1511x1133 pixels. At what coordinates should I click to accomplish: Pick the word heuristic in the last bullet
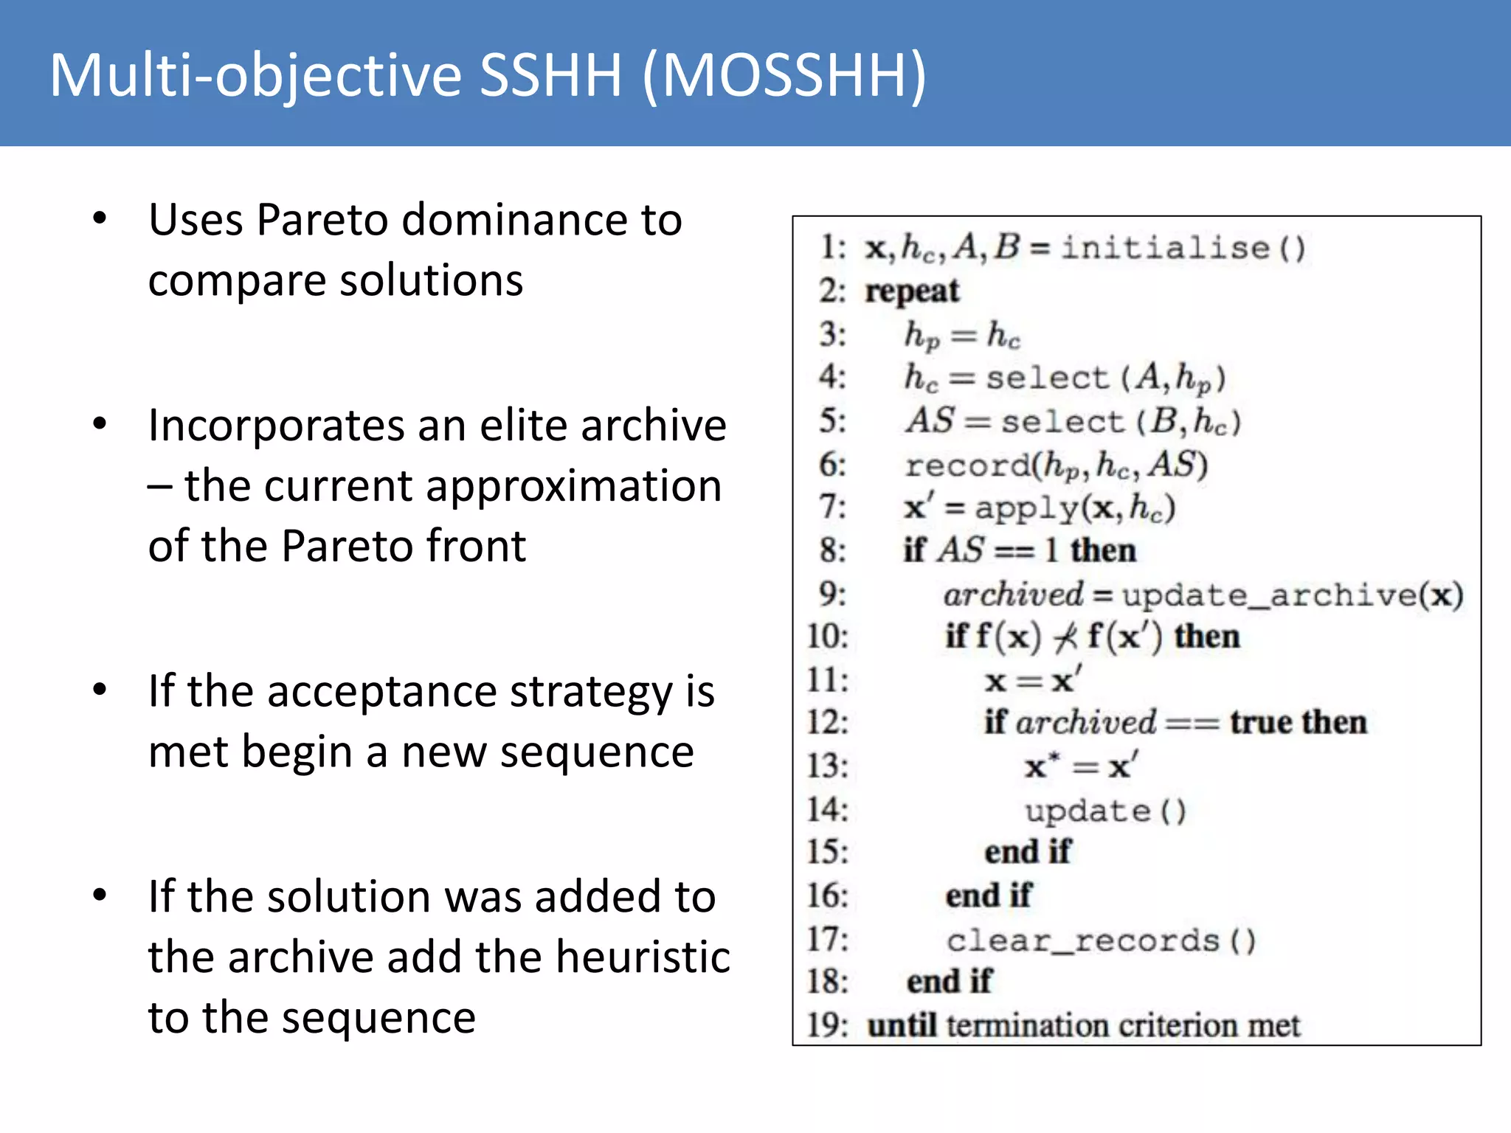point(643,957)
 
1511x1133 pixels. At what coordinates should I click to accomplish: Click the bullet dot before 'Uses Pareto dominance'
point(100,219)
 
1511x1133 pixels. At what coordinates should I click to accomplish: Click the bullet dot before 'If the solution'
point(100,896)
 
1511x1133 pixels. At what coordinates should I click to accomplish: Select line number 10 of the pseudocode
point(827,637)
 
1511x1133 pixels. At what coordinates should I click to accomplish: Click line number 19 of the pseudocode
point(827,1025)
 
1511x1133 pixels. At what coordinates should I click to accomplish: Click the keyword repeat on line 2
point(912,291)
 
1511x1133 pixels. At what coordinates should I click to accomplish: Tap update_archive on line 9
point(1269,595)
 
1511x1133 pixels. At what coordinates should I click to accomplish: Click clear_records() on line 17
point(1101,941)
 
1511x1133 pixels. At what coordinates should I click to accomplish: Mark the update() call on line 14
point(1105,811)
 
